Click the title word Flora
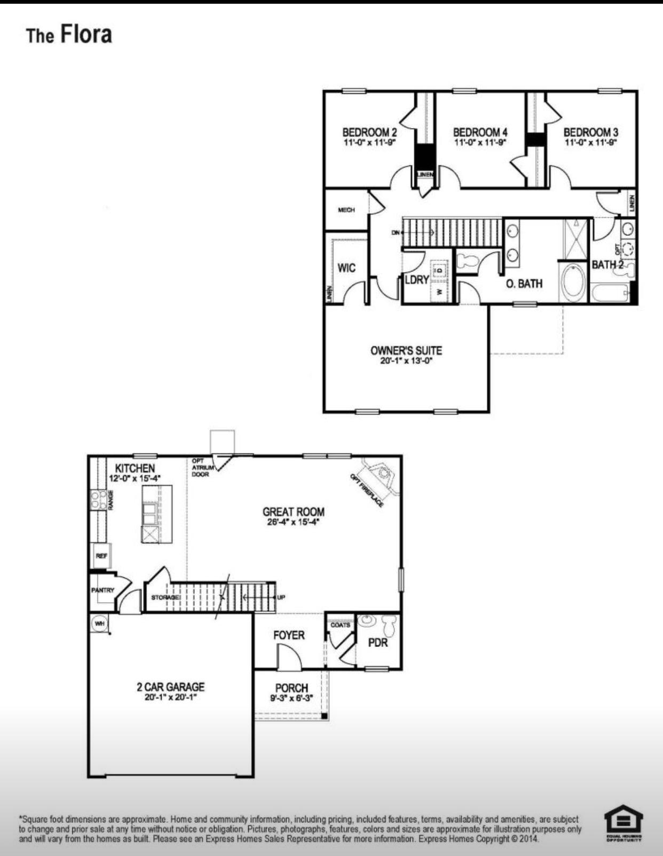point(86,34)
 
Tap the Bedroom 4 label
point(480,132)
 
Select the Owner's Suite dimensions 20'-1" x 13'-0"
point(406,361)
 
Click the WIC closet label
point(346,268)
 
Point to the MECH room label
point(346,210)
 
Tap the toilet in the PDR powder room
point(389,625)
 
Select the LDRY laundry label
point(416,279)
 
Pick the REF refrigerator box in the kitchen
point(101,556)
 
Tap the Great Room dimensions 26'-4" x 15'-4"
point(293,523)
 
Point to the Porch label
point(291,688)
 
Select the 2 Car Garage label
point(170,687)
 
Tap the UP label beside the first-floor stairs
point(281,597)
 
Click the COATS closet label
point(340,625)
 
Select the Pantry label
point(102,590)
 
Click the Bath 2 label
point(607,265)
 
